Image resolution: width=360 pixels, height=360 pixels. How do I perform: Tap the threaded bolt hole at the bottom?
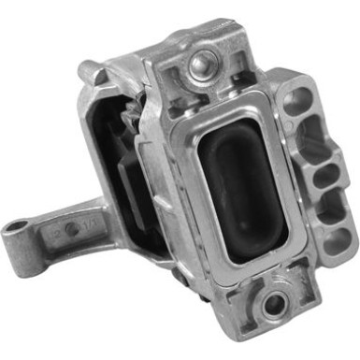(x=271, y=302)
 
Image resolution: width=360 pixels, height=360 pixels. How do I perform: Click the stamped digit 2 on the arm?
(x=59, y=227)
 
